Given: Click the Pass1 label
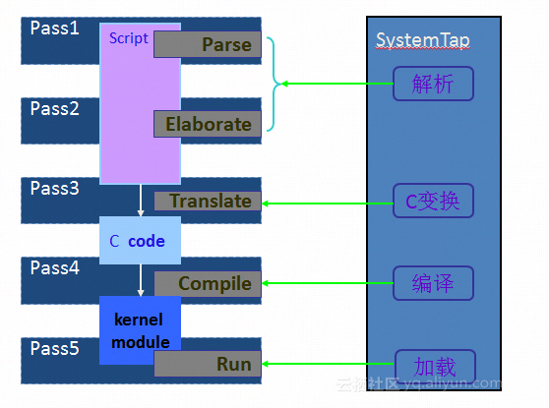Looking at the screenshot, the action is point(55,28).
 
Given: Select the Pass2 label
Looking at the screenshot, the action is point(55,108).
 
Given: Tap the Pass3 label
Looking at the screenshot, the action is point(55,188).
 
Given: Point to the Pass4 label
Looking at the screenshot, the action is point(55,268).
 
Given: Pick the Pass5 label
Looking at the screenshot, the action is point(55,348).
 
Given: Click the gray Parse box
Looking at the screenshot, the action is point(208,44).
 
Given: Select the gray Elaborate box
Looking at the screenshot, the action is point(208,124).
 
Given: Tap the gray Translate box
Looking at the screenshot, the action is point(208,201).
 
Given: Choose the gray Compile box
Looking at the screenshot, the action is point(208,284).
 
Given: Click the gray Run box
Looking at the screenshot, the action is point(208,364).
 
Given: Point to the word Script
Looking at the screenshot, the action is point(129,38).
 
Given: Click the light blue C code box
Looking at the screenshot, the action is point(140,241).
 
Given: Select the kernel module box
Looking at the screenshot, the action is point(140,330).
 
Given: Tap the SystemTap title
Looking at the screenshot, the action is point(423,40).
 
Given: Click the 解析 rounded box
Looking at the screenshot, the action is point(434,84).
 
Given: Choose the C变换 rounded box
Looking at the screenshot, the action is point(434,201).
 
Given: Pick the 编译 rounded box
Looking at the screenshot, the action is point(434,283).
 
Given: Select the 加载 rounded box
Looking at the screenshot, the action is point(435,367).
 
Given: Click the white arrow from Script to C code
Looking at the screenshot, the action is point(141,201).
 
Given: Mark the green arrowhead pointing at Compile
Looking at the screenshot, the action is point(265,283).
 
